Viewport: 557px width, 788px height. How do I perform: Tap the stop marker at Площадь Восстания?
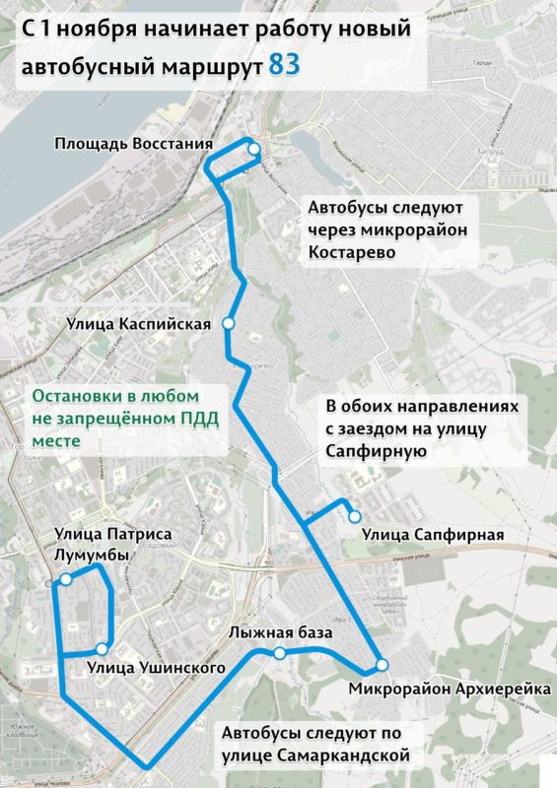(254, 149)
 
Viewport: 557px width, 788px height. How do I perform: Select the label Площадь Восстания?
(133, 147)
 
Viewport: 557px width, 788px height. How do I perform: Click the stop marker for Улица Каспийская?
(229, 323)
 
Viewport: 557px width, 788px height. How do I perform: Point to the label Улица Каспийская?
(139, 323)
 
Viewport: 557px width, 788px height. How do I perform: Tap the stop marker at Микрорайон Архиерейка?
(382, 664)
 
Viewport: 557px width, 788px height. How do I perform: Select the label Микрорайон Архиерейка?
(450, 687)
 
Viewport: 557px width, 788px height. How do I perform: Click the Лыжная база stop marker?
(280, 653)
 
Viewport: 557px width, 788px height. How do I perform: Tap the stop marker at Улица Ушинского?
(102, 649)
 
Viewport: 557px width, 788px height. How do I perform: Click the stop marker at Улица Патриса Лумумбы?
(66, 580)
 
